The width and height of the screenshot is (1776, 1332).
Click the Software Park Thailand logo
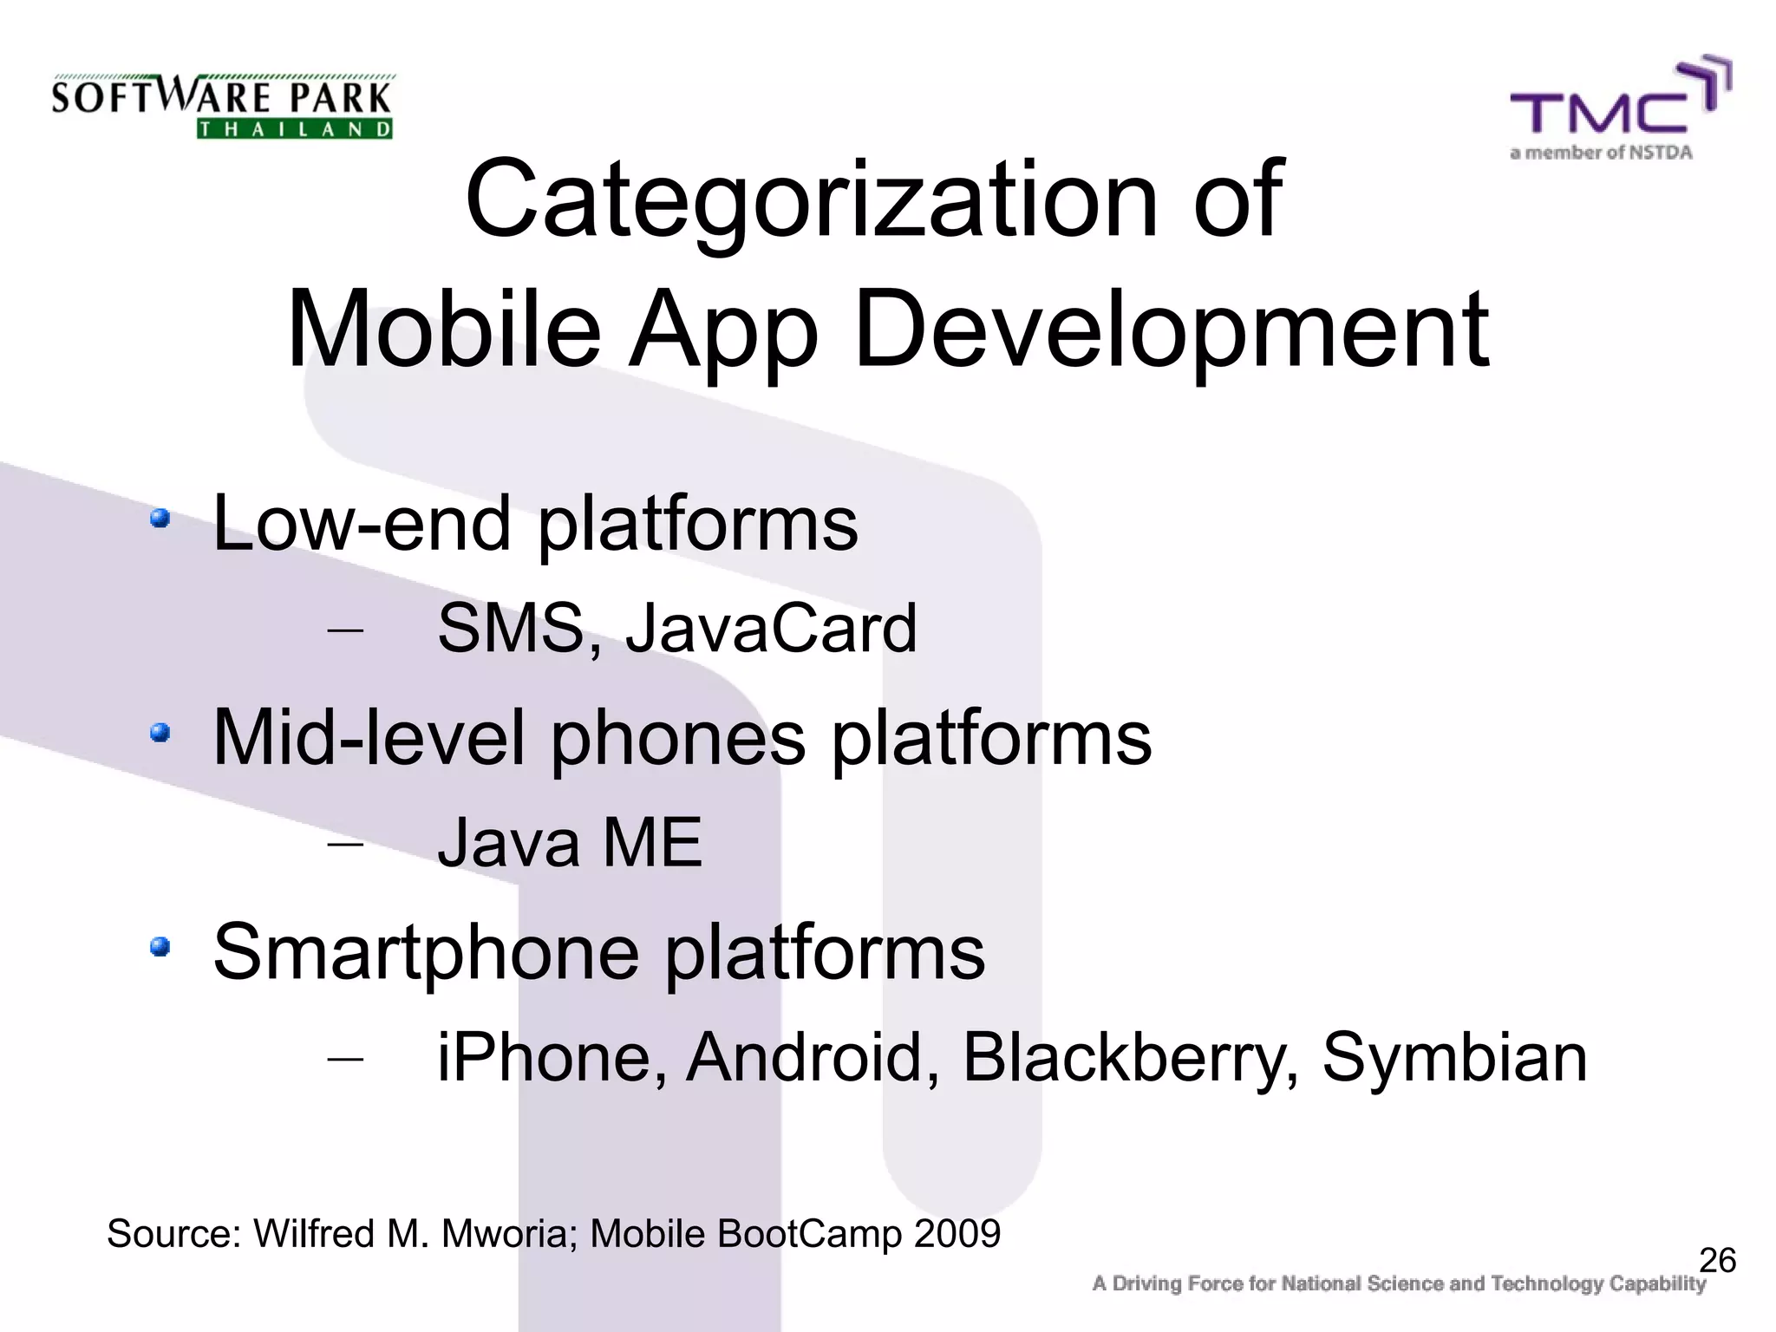coord(222,106)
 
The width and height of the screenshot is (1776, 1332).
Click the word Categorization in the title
coord(811,199)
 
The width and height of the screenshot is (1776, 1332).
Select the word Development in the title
coord(1171,330)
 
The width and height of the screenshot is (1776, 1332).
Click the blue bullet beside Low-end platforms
coord(160,519)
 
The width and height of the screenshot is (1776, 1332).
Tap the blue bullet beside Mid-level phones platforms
coord(160,734)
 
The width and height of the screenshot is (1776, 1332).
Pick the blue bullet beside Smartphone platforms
coord(160,947)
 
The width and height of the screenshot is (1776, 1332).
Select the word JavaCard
coord(771,628)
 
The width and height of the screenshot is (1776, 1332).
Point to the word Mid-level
coord(369,737)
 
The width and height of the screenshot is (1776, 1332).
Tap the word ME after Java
coord(652,842)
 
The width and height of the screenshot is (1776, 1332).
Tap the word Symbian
coord(1454,1059)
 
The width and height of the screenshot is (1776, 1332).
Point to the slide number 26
coord(1717,1260)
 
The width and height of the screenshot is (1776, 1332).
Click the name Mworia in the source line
coord(504,1233)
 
